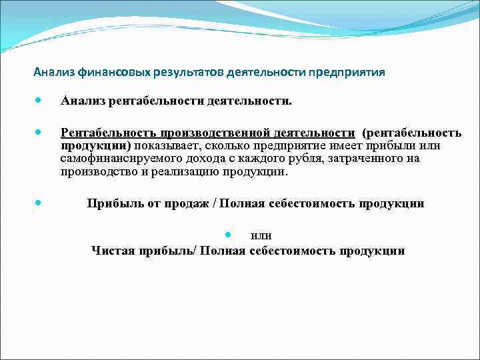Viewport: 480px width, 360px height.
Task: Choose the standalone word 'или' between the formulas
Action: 261,235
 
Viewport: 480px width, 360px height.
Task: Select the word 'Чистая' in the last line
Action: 110,251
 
